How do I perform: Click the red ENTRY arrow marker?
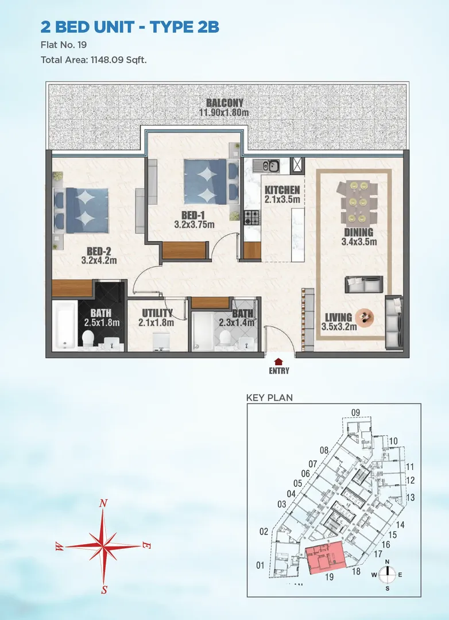[x=278, y=361]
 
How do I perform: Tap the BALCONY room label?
[x=225, y=103]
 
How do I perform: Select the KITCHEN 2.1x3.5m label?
[x=282, y=195]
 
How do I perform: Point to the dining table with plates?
[x=359, y=202]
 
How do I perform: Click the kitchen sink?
[x=266, y=166]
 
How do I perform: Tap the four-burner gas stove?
[x=251, y=217]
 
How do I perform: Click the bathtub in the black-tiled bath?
[x=64, y=325]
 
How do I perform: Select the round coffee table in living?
[x=365, y=316]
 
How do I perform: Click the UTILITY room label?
[x=157, y=313]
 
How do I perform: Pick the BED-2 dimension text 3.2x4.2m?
[x=99, y=260]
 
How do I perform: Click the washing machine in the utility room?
[x=161, y=341]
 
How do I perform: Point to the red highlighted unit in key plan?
[x=326, y=557]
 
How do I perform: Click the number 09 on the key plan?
[x=355, y=413]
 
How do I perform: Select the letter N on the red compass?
[x=103, y=503]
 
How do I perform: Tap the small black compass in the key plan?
[x=388, y=575]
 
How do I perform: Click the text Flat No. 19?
[x=64, y=45]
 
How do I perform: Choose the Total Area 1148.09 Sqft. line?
[x=94, y=60]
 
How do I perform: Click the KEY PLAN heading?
[x=269, y=398]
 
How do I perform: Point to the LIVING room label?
[x=339, y=317]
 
